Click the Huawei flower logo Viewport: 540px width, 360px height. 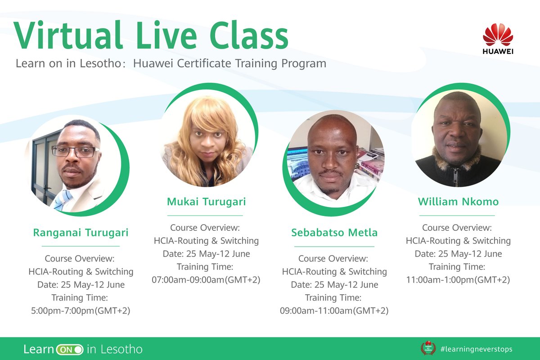click(498, 34)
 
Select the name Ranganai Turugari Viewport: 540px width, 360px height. click(81, 233)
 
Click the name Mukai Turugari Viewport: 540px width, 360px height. click(207, 202)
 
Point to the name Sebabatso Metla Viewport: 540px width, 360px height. click(334, 233)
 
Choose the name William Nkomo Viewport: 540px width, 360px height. click(458, 202)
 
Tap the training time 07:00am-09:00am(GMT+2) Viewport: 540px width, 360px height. click(207, 279)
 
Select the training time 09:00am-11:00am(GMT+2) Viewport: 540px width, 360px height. click(334, 310)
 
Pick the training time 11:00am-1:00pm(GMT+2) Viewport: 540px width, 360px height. click(458, 279)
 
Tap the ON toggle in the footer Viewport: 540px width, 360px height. click(70, 349)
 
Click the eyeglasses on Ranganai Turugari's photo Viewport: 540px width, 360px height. click(75, 152)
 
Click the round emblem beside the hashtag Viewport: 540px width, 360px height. click(428, 348)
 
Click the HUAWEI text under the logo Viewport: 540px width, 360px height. click(498, 51)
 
